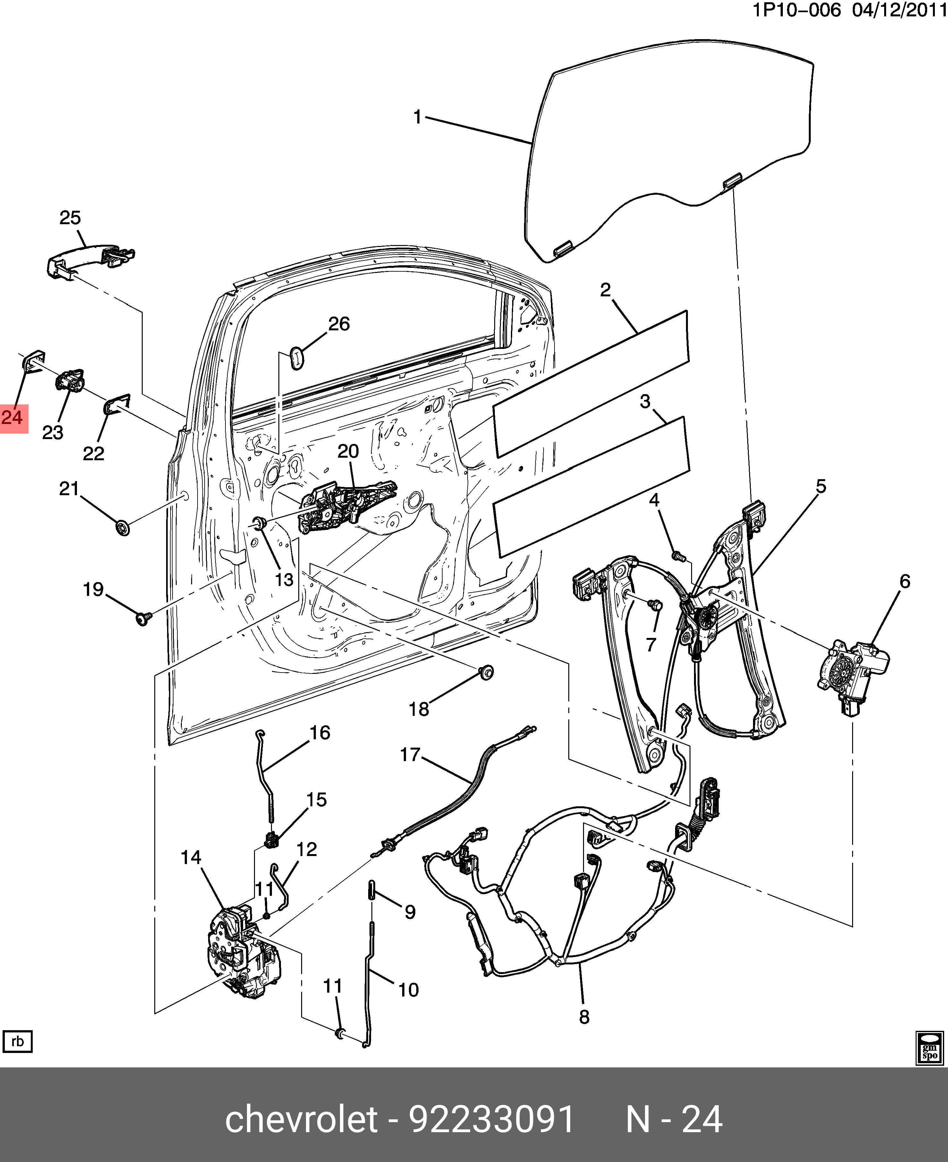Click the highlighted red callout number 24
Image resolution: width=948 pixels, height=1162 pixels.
pos(13,418)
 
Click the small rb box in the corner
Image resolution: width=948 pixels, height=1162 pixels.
pos(17,1042)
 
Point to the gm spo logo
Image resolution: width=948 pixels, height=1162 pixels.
pos(929,1048)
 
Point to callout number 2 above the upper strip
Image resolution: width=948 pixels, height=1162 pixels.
pos(605,290)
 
